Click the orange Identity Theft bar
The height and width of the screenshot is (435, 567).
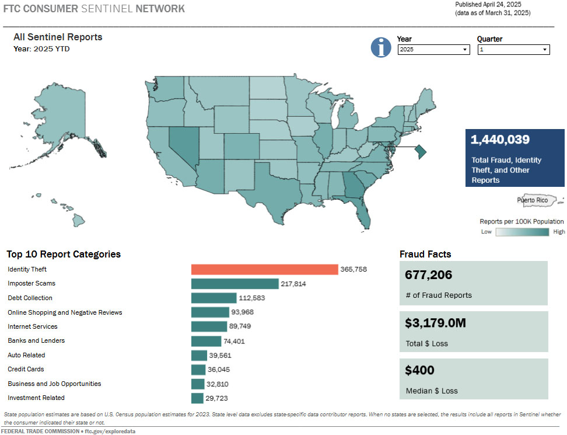tap(264, 269)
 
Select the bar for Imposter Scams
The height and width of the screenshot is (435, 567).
tap(235, 284)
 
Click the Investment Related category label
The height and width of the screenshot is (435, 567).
tap(36, 398)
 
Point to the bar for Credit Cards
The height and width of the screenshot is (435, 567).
tap(198, 370)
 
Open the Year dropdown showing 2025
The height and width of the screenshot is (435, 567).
tap(433, 50)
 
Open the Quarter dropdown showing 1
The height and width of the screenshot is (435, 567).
tap(513, 50)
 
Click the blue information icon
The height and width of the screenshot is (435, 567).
tap(381, 47)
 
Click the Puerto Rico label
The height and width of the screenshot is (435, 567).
tap(533, 200)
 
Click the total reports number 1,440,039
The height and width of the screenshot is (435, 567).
tap(500, 140)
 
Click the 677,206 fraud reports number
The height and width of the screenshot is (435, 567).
tap(429, 275)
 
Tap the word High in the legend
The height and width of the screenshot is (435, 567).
tap(559, 232)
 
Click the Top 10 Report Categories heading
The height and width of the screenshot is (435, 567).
tap(64, 254)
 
